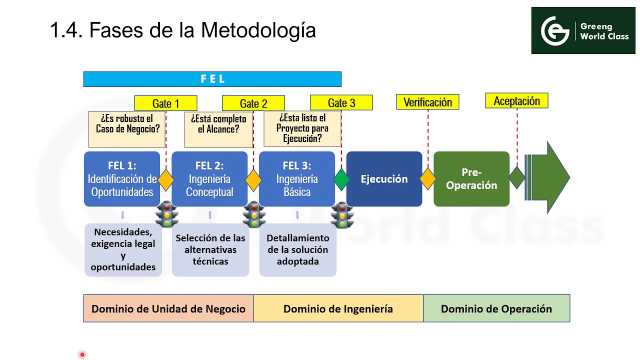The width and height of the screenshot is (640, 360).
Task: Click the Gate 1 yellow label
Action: click(x=165, y=103)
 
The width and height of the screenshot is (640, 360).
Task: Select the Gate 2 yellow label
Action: click(x=253, y=103)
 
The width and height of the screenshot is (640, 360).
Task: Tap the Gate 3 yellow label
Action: click(x=341, y=103)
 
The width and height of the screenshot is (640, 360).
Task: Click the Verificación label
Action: click(x=427, y=102)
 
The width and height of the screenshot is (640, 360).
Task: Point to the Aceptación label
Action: click(x=516, y=101)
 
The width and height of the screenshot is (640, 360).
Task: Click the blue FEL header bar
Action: click(x=212, y=79)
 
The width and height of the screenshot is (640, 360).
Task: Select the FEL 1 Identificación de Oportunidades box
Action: click(x=122, y=178)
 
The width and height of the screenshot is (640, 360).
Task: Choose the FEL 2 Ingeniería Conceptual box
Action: click(x=209, y=178)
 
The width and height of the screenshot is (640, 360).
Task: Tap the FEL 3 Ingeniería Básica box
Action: click(x=297, y=178)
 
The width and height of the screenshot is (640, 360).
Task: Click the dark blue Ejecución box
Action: click(x=384, y=179)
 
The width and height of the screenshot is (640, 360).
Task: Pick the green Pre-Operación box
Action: click(x=471, y=179)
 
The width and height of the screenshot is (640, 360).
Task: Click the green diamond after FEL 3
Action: click(x=341, y=179)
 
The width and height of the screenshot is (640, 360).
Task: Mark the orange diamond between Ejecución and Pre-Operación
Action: click(x=428, y=179)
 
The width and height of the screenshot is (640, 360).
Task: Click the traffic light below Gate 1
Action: click(x=166, y=215)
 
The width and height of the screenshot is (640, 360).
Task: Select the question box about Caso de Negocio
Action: click(x=127, y=129)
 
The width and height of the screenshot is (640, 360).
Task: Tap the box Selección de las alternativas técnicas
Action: click(x=210, y=249)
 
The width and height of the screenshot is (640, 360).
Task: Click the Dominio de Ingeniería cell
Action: click(x=338, y=308)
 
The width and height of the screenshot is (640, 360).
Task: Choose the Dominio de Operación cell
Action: click(x=496, y=308)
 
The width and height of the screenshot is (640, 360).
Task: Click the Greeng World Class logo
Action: click(x=583, y=30)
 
